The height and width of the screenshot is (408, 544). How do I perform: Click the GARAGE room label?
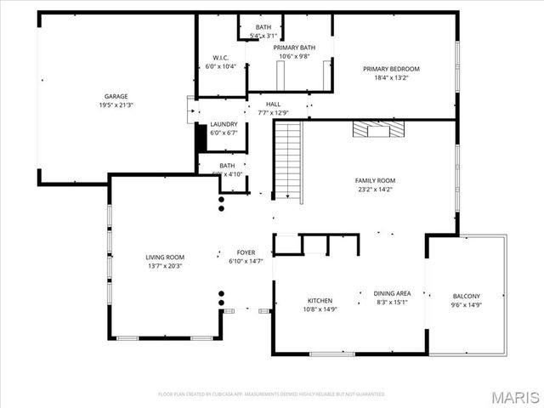click(x=116, y=97)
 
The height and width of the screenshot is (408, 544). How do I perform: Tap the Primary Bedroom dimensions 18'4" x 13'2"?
click(x=391, y=77)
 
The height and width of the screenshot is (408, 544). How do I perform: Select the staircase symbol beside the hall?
click(x=288, y=161)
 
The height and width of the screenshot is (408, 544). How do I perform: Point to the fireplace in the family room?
click(x=380, y=129)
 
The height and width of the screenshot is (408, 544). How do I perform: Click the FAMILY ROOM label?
click(x=375, y=180)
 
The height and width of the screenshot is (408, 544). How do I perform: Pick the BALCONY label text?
click(x=466, y=296)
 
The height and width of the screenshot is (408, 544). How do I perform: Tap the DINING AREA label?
click(x=392, y=293)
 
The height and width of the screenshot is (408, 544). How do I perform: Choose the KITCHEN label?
click(x=320, y=300)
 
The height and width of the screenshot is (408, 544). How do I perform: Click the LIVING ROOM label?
click(x=165, y=257)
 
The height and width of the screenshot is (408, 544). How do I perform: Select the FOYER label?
click(x=246, y=252)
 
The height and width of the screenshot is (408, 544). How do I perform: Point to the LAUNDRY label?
click(x=224, y=124)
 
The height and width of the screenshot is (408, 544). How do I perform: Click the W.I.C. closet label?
click(x=221, y=58)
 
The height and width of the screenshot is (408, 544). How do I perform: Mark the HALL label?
click(x=274, y=105)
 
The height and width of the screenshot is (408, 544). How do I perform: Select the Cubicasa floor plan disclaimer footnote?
click(x=272, y=394)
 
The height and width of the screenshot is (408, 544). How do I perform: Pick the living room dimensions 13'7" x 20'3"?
click(x=165, y=265)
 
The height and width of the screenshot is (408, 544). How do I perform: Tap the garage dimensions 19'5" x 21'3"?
click(x=116, y=105)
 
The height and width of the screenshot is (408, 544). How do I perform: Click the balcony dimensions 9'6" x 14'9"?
click(x=466, y=304)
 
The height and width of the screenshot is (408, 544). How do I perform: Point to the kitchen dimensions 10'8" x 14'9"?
click(x=320, y=309)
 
